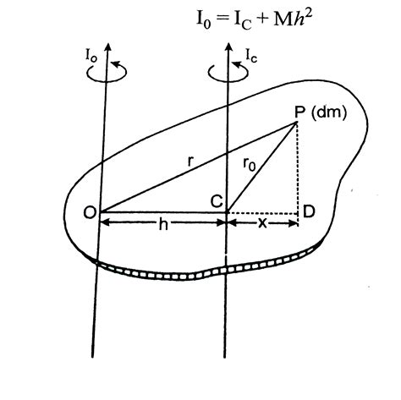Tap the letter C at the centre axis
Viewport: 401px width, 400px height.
217,200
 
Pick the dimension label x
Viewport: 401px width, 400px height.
263,238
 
